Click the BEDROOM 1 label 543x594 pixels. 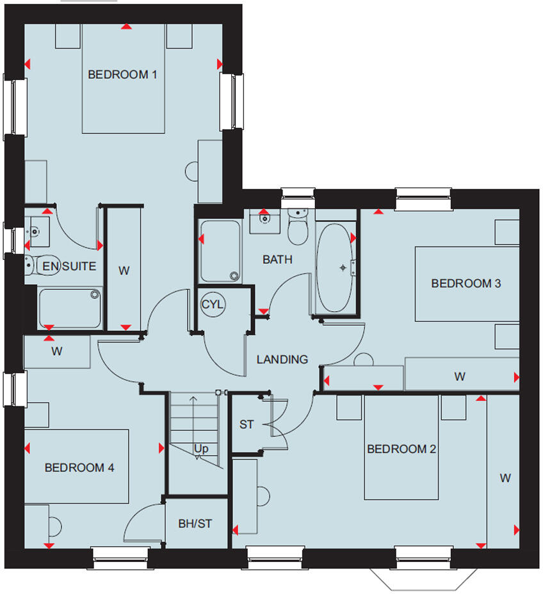pyautogui.click(x=122, y=74)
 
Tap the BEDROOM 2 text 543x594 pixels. pyautogui.click(x=401, y=449)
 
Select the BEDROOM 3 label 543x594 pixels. pyautogui.click(x=466, y=283)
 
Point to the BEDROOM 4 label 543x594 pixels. pyautogui.click(x=79, y=468)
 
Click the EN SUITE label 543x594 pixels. pyautogui.click(x=69, y=266)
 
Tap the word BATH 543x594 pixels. pyautogui.click(x=277, y=259)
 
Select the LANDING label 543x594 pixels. pyautogui.click(x=282, y=359)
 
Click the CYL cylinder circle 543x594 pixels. pyautogui.click(x=212, y=305)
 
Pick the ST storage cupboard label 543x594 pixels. pyautogui.click(x=247, y=424)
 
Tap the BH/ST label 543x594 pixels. pyautogui.click(x=195, y=524)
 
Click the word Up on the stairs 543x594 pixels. pyautogui.click(x=201, y=449)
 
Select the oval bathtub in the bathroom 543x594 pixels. pyautogui.click(x=335, y=267)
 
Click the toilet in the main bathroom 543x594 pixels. pyautogui.click(x=298, y=228)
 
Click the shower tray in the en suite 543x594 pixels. pyautogui.click(x=70, y=308)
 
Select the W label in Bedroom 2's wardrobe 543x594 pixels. pyautogui.click(x=505, y=478)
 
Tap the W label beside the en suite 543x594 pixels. pyautogui.click(x=124, y=270)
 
